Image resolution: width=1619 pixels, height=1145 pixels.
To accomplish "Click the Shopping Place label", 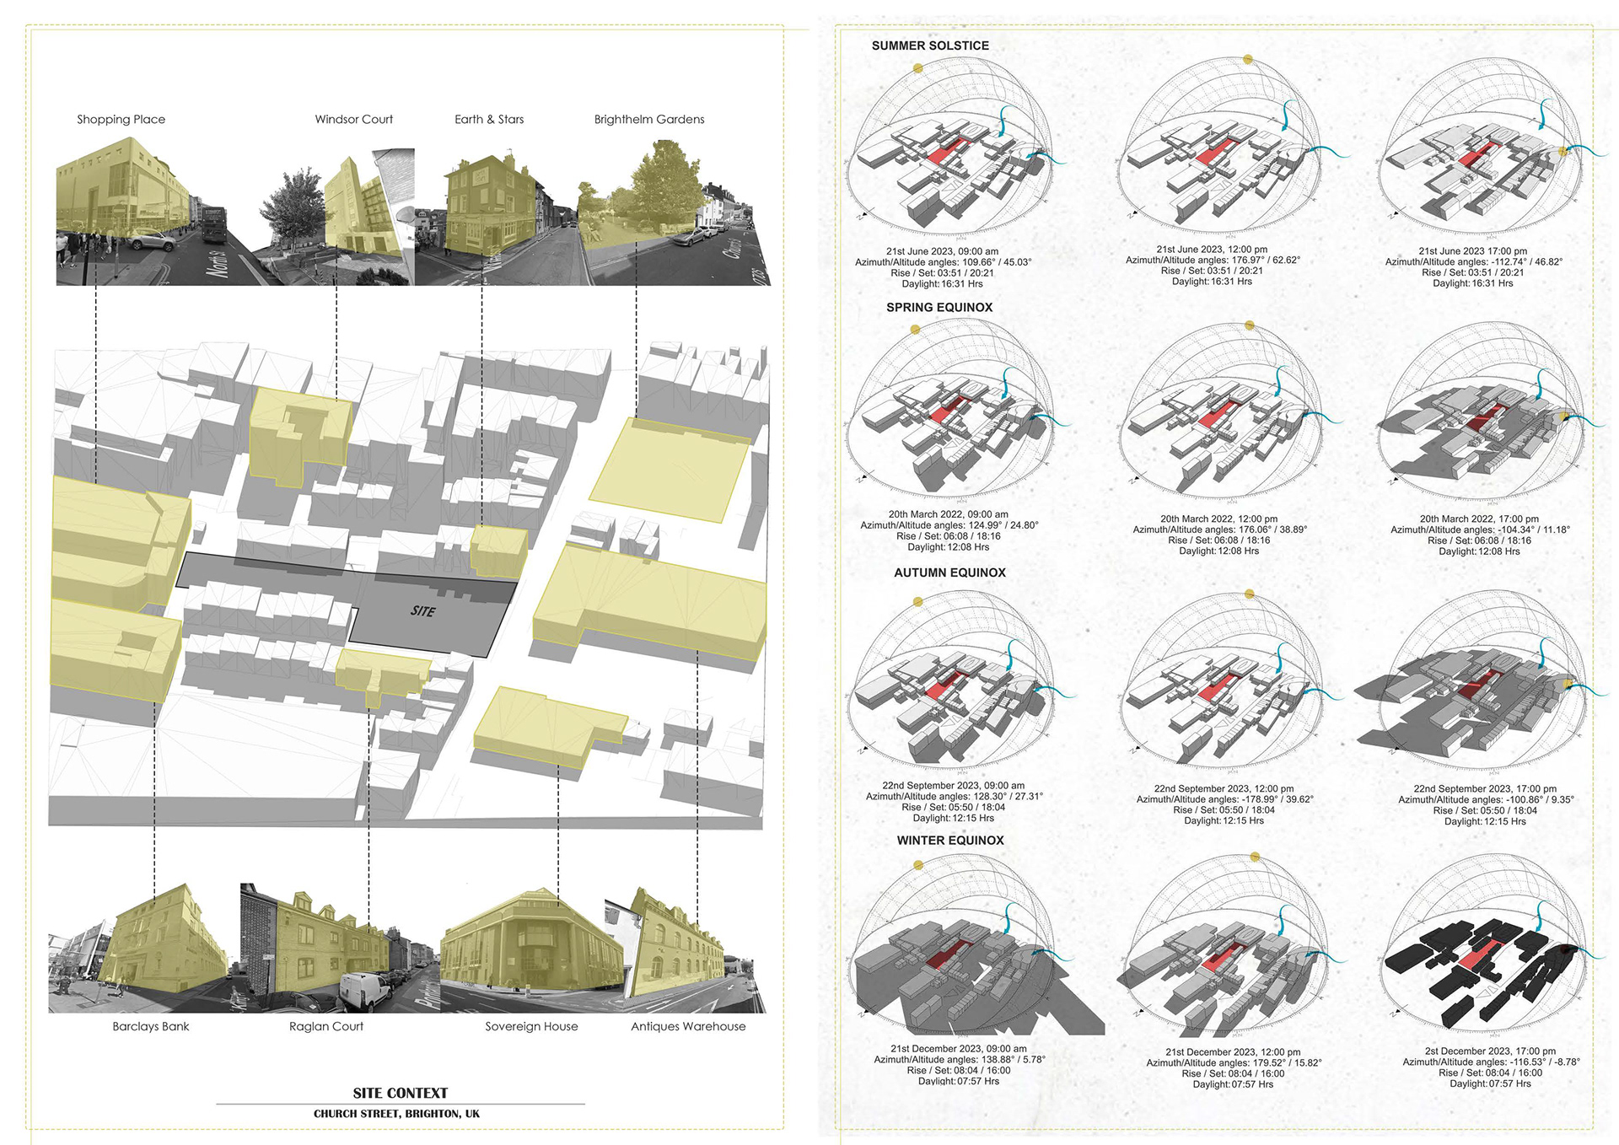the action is coord(121,120).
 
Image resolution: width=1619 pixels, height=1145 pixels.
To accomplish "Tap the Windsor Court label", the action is coord(353,120).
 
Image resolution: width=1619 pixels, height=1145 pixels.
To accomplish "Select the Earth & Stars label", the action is coord(489,120).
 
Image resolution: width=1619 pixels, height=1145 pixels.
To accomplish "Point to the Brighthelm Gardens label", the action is coord(649,120).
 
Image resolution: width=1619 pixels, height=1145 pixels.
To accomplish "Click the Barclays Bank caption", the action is coord(151,1026).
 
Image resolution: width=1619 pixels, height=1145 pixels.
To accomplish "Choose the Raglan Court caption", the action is coord(326,1026).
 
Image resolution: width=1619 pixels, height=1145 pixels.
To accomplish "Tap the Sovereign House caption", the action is coord(531,1026).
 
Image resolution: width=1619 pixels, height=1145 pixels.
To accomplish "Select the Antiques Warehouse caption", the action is coord(688,1026).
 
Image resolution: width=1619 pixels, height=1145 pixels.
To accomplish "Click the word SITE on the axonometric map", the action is coord(423,611).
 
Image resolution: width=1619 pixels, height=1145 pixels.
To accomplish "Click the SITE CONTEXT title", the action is coord(401,1093).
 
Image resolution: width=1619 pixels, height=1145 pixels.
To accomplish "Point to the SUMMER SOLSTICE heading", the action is coord(930,46).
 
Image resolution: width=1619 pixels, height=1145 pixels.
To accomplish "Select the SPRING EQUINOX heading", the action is coord(939,308).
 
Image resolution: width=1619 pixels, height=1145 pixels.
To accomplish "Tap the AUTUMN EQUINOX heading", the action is coord(949,572).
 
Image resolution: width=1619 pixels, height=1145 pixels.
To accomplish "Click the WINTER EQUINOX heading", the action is coord(950,841).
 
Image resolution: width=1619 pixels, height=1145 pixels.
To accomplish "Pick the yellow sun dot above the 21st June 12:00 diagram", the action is coord(1249,60).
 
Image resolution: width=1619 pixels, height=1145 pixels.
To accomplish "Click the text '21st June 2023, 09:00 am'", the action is coord(942,251).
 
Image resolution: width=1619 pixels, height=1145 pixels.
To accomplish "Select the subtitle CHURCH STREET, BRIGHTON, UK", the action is coord(396,1114).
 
